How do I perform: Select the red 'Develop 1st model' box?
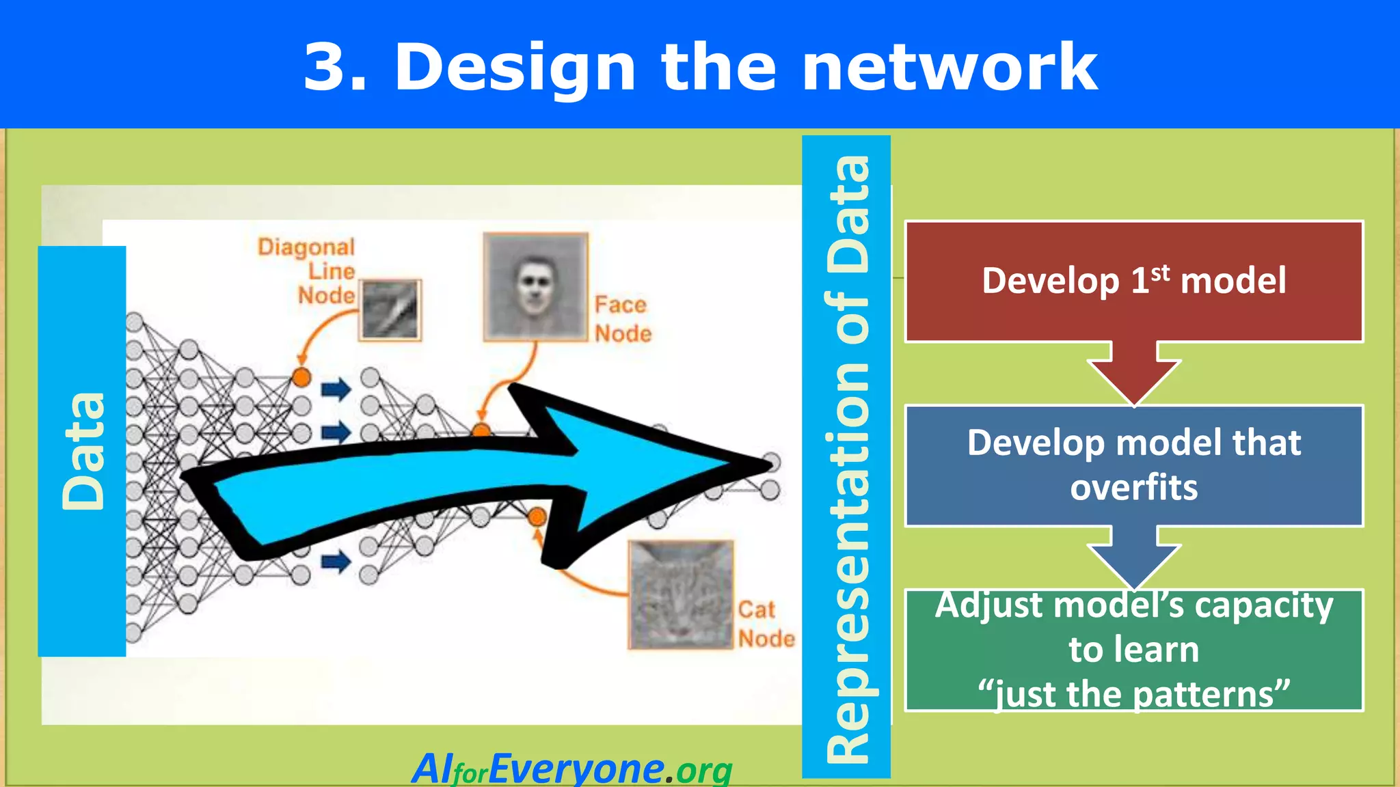click(1133, 281)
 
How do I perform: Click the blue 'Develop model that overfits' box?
click(1133, 465)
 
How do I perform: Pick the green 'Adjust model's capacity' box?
click(1133, 650)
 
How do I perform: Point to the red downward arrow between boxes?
click(1134, 376)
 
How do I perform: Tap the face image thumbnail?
click(535, 286)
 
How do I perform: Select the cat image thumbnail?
click(681, 594)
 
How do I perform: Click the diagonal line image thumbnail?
click(390, 309)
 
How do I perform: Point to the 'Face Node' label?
click(622, 319)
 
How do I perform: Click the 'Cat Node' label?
click(766, 624)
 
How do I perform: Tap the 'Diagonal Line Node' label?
click(314, 271)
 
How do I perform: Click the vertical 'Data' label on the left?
click(82, 451)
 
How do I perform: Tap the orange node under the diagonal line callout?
click(301, 376)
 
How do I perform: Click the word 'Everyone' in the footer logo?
click(576, 769)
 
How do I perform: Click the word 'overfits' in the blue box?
click(1133, 488)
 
